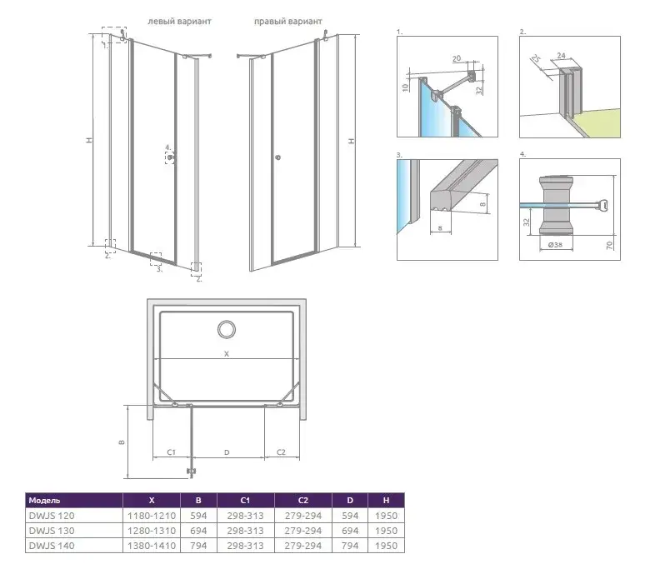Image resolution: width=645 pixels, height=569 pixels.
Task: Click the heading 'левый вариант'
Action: tap(179, 21)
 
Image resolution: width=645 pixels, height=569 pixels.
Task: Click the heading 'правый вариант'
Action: tap(288, 21)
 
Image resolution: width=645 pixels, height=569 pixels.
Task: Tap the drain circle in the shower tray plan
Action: tap(227, 329)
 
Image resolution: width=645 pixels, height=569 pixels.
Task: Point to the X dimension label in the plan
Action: tap(226, 353)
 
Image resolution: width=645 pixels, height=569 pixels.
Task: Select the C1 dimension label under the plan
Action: tap(171, 452)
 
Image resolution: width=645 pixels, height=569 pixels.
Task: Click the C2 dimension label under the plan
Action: tap(281, 452)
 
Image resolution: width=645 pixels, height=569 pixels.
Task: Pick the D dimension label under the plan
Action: tap(227, 452)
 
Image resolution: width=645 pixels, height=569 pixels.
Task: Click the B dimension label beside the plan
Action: tap(122, 442)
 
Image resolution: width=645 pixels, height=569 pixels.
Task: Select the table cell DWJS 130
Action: tap(52, 531)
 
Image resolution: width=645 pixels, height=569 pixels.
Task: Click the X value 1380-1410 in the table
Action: tap(152, 546)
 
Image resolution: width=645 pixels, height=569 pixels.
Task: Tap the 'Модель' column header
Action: tap(44, 501)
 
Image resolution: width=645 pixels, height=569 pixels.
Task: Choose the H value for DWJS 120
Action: tap(386, 516)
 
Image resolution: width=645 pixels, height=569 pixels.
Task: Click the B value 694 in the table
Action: tap(198, 531)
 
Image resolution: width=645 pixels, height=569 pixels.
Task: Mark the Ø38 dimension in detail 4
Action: tap(555, 245)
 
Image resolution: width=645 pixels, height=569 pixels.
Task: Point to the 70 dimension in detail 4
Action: tap(609, 246)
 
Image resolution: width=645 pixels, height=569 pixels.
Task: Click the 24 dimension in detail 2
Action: tap(561, 55)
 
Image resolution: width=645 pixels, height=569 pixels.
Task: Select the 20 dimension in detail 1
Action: tap(457, 59)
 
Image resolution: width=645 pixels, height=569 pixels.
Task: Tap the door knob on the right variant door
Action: tap(277, 157)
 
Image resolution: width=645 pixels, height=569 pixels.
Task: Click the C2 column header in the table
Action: tap(302, 501)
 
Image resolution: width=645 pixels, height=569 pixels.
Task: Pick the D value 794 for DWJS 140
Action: tap(350, 546)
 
